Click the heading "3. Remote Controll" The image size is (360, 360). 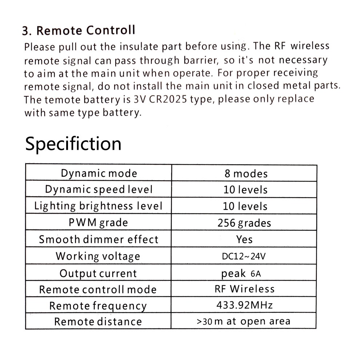pos(79,30)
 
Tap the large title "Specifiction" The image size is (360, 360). pos(73,144)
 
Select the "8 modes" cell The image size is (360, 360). pos(246,173)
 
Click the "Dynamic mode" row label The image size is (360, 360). pos(99,173)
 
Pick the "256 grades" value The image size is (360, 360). pos(244,223)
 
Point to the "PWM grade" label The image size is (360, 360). pos(98,222)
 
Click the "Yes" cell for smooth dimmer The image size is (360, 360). pos(244,239)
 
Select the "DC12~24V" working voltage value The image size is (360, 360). pos(244,256)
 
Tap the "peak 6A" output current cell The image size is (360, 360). pos(241,273)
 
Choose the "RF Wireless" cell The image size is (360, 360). pos(244,289)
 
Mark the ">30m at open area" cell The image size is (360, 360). pos(243,321)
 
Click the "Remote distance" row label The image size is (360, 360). pos(98,321)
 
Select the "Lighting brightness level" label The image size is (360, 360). pos(98,206)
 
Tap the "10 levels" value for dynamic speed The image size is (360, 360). pos(245,189)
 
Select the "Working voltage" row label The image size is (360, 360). pos(98,256)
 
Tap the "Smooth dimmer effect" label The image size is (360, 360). pos(99,239)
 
